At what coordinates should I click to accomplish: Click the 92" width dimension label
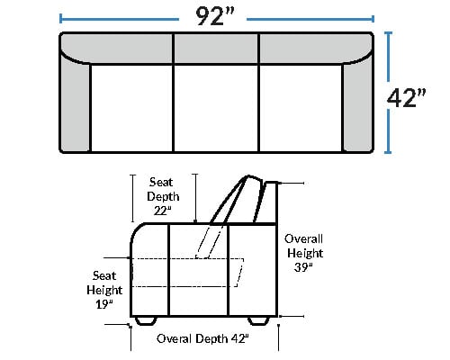pos(215,16)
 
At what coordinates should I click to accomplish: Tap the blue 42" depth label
pos(406,98)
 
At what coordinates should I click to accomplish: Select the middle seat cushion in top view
pos(216,108)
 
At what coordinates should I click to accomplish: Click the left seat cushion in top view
pos(131,108)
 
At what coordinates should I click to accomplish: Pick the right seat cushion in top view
pos(301,108)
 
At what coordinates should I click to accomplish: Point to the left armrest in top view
pos(75,105)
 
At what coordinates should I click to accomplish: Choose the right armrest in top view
pos(358,105)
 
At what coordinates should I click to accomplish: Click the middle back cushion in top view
pos(216,49)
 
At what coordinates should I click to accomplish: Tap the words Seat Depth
pos(163,189)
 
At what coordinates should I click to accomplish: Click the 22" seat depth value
pos(163,211)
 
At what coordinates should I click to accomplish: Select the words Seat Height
pos(104,283)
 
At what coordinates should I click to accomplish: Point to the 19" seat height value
pos(104,304)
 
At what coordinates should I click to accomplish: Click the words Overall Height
pos(304,246)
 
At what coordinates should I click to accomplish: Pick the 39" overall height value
pos(303,267)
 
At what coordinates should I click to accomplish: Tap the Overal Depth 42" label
pos(202,338)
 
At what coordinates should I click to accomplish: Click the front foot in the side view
pos(146,320)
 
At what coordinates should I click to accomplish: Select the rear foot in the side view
pos(258,320)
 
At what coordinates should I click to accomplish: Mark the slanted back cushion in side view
pos(237,200)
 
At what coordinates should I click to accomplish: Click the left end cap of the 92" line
pos(61,19)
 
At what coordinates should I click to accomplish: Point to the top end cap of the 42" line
pos(388,32)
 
